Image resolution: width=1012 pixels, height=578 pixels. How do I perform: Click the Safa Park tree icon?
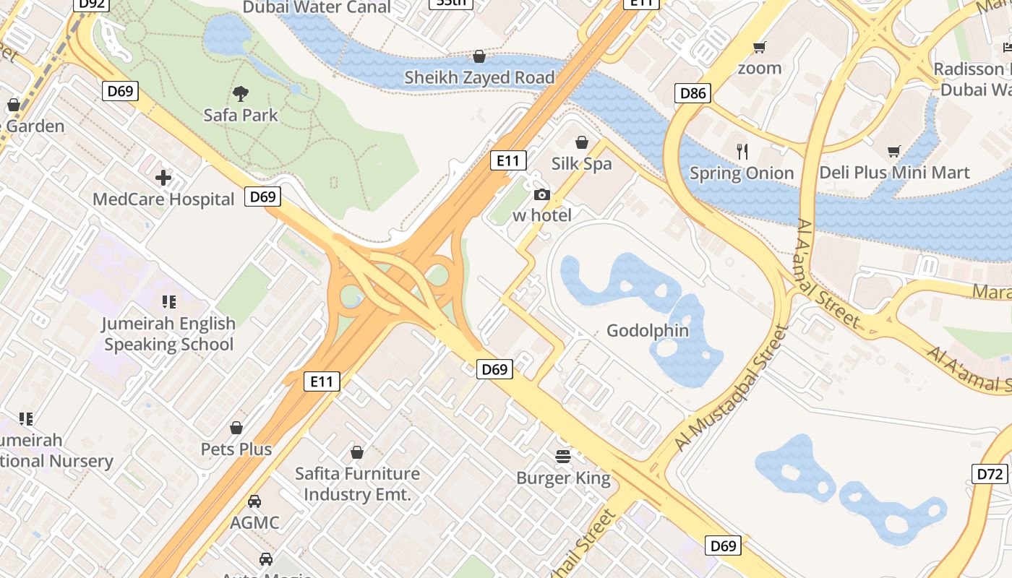point(241,92)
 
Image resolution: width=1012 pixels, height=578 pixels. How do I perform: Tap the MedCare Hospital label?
point(163,199)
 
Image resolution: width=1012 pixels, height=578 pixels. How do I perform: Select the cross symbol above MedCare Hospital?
point(163,178)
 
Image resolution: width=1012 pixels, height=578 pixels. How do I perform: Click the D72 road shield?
point(990,474)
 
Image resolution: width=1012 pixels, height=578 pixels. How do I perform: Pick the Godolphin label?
point(648,331)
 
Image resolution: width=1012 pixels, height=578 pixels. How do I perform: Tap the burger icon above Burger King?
point(563,456)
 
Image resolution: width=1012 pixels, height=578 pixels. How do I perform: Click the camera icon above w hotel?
point(541,194)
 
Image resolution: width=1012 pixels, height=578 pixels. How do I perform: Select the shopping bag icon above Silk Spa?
point(581,142)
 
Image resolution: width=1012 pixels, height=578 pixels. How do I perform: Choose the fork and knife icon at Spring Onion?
point(742,152)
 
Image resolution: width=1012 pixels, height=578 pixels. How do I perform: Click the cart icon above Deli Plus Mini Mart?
point(894,152)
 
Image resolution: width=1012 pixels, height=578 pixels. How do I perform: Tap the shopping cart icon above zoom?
point(759,48)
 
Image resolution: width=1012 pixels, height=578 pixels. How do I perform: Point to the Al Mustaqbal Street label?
point(729,389)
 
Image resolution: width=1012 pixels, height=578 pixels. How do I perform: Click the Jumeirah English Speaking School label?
point(168,334)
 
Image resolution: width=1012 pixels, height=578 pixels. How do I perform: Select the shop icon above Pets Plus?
point(236,428)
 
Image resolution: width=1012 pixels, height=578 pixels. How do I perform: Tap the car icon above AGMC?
point(254,501)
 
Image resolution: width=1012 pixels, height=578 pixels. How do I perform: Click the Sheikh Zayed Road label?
point(479,77)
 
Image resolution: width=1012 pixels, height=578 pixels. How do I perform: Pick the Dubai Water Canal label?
point(317,7)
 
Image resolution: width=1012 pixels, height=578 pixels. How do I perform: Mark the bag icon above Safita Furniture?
point(356,452)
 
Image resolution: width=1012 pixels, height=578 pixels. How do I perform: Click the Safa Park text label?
point(241,115)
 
